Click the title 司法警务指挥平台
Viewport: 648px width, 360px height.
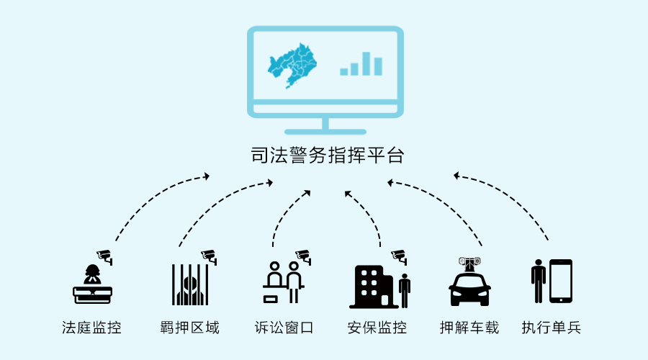(x=328, y=156)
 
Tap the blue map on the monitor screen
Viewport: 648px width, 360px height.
(x=292, y=66)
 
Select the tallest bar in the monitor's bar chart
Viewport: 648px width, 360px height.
(x=366, y=63)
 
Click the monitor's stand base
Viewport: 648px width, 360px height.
(x=325, y=132)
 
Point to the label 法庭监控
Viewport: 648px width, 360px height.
(x=91, y=328)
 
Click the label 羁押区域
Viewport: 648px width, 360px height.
(x=189, y=328)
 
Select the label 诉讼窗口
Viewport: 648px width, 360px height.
(x=284, y=328)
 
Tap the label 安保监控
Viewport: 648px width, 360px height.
(x=377, y=328)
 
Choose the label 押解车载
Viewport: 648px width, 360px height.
(x=469, y=328)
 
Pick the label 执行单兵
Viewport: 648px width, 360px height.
(x=552, y=328)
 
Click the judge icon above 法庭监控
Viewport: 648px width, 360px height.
(x=93, y=284)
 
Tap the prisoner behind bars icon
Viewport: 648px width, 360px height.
(x=190, y=285)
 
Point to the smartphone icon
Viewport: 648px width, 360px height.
(x=561, y=281)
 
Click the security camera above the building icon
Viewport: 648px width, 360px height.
(x=400, y=256)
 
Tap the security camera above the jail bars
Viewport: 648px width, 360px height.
(x=209, y=256)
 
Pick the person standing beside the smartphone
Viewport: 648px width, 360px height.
(x=538, y=281)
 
